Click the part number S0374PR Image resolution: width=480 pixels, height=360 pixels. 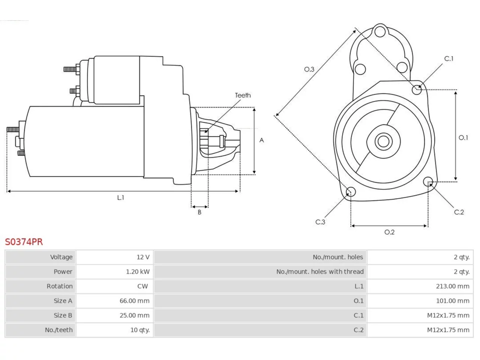coord(24,242)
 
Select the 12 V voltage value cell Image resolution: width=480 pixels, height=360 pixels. coord(114,257)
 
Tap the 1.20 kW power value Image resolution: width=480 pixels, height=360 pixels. coord(138,272)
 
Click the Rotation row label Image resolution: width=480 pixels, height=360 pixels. coord(60,286)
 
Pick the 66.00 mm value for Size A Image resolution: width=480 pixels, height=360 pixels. coord(135,301)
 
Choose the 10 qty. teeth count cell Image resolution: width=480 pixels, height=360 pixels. coord(114,330)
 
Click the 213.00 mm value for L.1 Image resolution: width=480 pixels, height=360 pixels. coord(453,286)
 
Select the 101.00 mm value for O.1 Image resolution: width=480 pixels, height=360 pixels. coord(453,301)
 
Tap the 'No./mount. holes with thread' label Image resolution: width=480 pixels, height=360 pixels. coord(320,272)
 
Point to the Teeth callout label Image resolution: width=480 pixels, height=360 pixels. coord(243,95)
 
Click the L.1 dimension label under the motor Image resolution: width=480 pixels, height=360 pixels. coord(121,198)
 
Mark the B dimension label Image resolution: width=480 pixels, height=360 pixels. coord(199,212)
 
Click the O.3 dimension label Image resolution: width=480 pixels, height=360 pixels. coord(309,69)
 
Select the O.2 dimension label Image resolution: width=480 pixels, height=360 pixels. coord(390,232)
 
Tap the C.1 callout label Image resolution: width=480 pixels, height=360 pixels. coord(449,58)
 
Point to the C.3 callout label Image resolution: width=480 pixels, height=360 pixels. coord(320,222)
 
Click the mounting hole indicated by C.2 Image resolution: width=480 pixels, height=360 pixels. coord(428,181)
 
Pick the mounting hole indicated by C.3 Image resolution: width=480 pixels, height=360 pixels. coord(351,192)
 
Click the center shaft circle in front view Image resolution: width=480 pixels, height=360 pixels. coord(383,141)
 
